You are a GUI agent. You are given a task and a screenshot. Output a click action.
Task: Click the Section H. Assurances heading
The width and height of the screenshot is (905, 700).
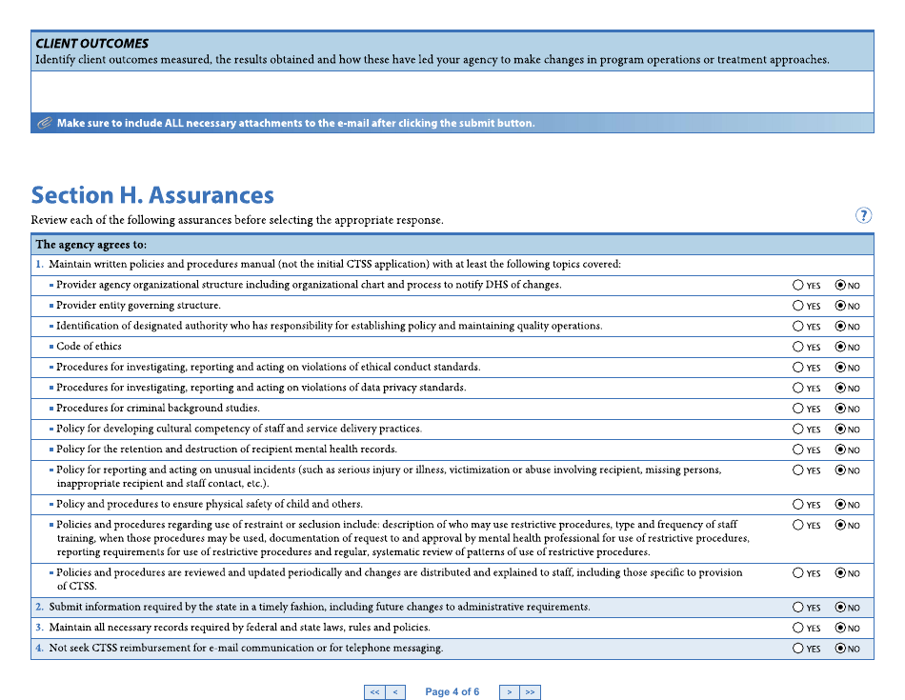152,195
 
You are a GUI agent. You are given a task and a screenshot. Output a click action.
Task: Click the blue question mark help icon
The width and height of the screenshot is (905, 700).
863,215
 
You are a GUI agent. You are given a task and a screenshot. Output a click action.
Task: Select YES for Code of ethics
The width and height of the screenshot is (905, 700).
797,347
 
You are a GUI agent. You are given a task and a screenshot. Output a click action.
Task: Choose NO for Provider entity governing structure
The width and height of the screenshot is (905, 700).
840,306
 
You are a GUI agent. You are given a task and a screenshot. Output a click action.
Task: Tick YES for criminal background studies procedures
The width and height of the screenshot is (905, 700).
797,409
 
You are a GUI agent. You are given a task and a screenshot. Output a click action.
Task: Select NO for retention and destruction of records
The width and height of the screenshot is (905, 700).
840,450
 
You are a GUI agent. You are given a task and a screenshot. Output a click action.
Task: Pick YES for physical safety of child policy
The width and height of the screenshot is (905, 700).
797,505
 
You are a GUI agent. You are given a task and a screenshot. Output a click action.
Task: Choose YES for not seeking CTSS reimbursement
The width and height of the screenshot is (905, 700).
797,649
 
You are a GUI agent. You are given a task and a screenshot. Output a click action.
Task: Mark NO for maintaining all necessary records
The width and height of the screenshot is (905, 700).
840,628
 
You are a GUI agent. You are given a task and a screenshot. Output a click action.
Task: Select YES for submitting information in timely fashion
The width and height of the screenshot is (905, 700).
797,607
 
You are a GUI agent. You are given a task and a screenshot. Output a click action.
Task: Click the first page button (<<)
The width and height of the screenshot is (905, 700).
374,692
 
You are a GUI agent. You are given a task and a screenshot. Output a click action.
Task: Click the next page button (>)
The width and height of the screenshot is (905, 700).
510,692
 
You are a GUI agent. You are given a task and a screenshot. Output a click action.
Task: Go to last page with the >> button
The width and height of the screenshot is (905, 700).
530,692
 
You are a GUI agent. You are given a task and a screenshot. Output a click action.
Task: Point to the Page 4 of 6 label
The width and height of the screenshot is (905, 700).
452,692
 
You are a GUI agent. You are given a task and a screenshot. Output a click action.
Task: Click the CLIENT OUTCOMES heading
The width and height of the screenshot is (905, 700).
92,44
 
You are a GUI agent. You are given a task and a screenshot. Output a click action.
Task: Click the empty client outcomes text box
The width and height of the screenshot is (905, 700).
452,92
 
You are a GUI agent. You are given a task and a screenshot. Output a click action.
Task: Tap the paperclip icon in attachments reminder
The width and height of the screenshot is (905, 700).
44,123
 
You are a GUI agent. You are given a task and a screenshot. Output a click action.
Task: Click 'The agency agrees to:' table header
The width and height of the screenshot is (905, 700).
90,245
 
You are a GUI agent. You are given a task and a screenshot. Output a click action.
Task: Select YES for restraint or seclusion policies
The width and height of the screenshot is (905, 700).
797,525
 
